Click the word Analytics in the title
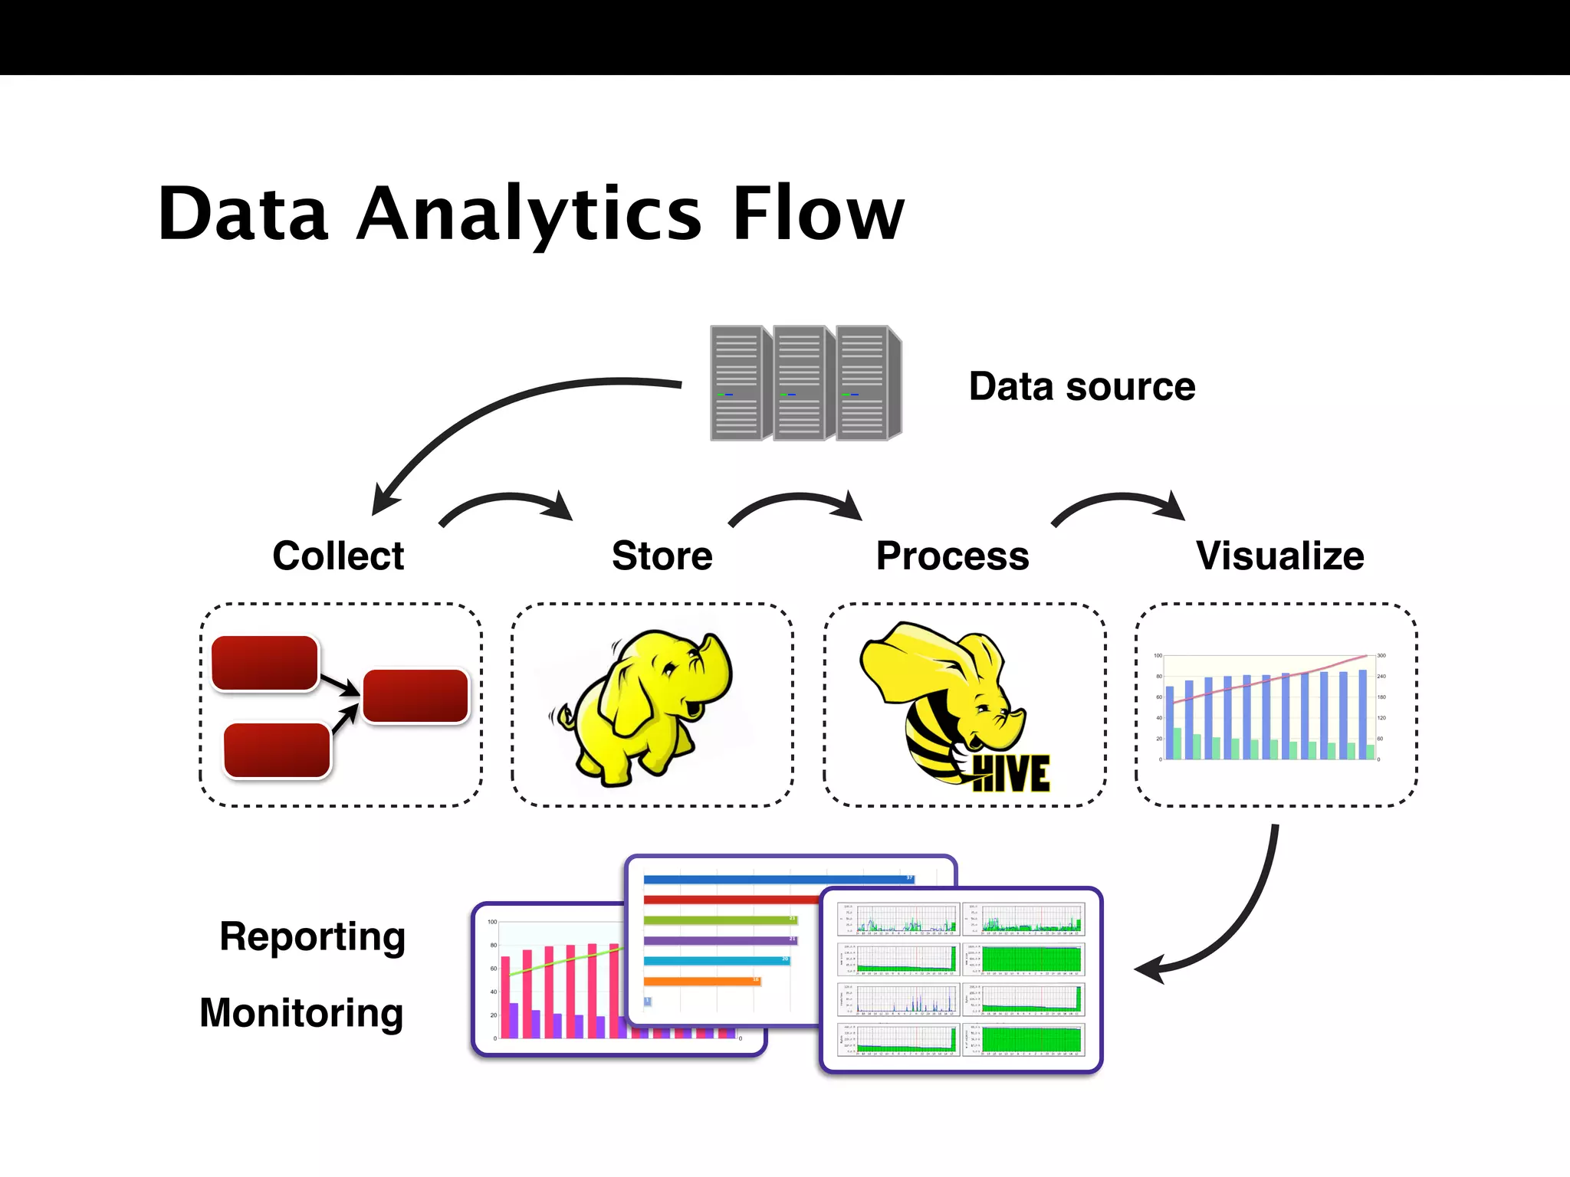pyautogui.click(x=529, y=215)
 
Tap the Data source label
pyautogui.click(x=1081, y=386)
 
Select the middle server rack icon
pyautogui.click(x=801, y=383)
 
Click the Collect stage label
pyautogui.click(x=338, y=556)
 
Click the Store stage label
pyautogui.click(x=662, y=556)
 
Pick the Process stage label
pyautogui.click(x=952, y=556)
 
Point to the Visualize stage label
pyautogui.click(x=1279, y=556)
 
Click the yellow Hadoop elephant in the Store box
pyautogui.click(x=644, y=705)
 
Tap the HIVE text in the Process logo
pyautogui.click(x=1010, y=774)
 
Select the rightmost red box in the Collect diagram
pyautogui.click(x=415, y=696)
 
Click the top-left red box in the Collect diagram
pyautogui.click(x=264, y=663)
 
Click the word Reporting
pyautogui.click(x=312, y=936)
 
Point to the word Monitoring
pyautogui.click(x=301, y=1013)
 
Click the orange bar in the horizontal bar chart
pyautogui.click(x=701, y=981)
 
